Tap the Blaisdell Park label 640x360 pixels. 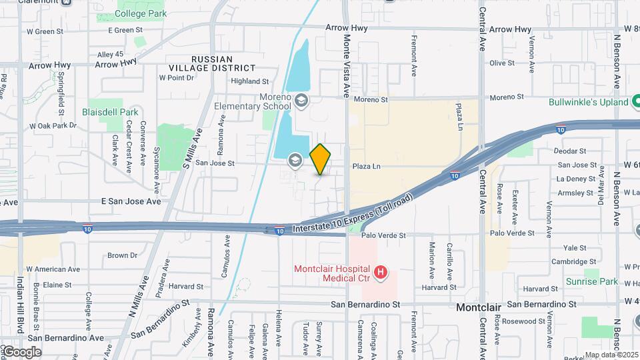click(110, 112)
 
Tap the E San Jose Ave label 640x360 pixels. click(131, 201)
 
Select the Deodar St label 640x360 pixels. click(570, 151)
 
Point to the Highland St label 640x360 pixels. click(249, 81)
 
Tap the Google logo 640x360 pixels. click(23, 351)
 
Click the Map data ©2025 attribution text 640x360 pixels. click(611, 355)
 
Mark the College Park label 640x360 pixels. click(141, 13)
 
